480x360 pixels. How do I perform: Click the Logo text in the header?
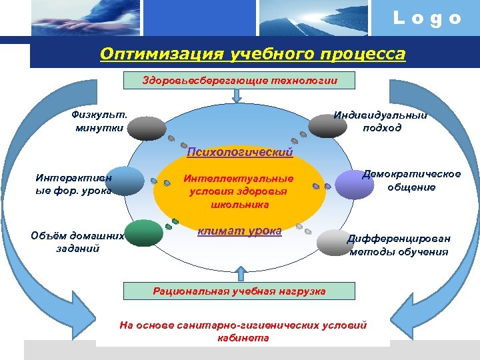coord(427,18)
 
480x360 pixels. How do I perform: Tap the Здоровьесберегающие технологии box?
coord(240,80)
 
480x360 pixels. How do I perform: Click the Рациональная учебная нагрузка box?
coord(239,291)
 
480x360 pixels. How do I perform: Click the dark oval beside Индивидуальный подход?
coord(327,125)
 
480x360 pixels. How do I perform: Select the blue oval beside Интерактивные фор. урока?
coord(125,181)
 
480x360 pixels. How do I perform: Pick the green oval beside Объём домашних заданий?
coord(144,233)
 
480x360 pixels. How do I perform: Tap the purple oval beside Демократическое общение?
coord(354,185)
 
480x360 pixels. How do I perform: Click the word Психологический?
coord(240,153)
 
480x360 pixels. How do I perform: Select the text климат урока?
coord(239,232)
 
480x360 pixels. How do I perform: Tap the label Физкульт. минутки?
coord(100,121)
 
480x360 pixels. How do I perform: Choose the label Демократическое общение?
coord(411,181)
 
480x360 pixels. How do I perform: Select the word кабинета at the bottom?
coord(243,337)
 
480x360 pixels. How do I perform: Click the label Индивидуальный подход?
coord(381,121)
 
